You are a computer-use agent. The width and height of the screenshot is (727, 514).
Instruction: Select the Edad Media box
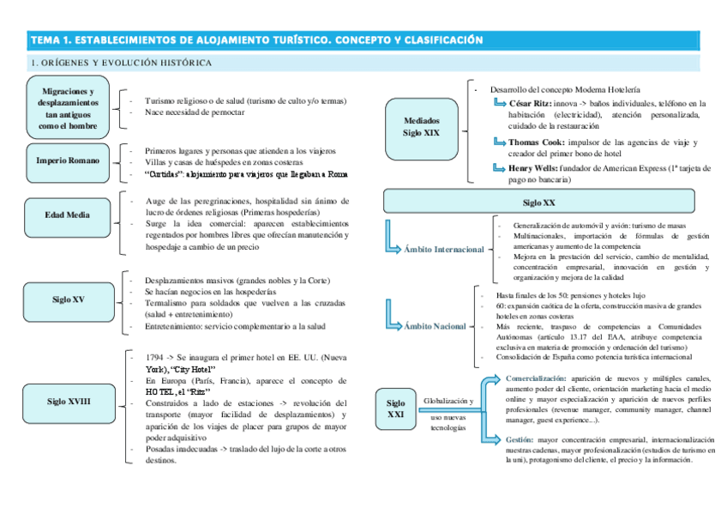tap(67, 215)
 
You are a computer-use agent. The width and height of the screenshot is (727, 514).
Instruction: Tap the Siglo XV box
tap(67, 299)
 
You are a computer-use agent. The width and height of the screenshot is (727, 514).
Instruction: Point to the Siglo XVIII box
tap(67, 401)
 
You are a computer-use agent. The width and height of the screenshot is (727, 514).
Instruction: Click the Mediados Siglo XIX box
tap(421, 127)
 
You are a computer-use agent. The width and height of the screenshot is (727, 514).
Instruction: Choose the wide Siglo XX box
tap(538, 203)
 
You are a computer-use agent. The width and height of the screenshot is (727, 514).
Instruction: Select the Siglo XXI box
tap(395, 409)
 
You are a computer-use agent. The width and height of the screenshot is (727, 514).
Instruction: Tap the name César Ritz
tap(529, 103)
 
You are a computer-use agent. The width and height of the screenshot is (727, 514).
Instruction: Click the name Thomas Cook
tap(536, 142)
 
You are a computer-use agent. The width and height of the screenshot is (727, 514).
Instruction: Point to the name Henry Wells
tap(532, 168)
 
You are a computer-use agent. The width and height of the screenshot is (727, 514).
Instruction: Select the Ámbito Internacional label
tap(443, 250)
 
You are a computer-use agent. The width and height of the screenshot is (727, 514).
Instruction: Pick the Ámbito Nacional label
tap(436, 326)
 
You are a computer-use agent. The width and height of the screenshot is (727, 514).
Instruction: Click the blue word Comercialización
tap(536, 378)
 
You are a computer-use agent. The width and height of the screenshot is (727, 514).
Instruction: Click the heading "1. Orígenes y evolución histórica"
tap(121, 63)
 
